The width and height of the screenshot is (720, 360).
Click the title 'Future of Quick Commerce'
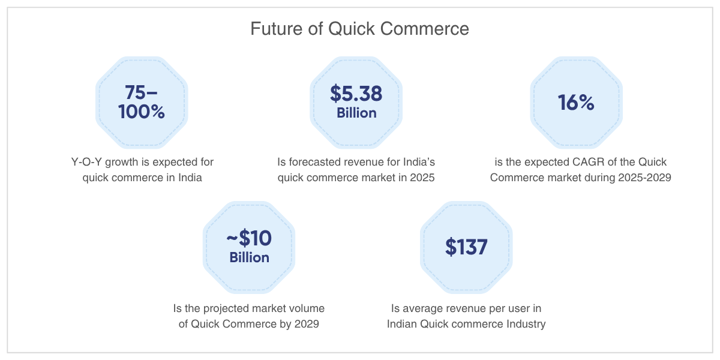[x=359, y=29]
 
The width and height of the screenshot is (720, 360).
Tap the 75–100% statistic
[x=142, y=102]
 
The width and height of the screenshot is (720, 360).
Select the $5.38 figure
[x=356, y=94]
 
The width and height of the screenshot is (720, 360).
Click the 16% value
[x=576, y=103]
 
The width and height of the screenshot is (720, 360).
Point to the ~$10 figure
[x=249, y=238]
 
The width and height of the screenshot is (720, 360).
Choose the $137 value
[x=466, y=247]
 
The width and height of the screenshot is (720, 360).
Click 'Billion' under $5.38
[x=356, y=113]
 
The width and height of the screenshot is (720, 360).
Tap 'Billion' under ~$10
[x=250, y=257]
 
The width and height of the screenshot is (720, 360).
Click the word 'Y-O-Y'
[x=86, y=162]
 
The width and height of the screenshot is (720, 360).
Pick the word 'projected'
[x=226, y=308]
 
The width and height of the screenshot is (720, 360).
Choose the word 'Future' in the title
[x=275, y=29]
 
